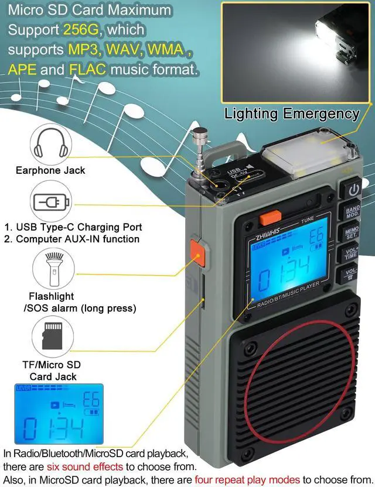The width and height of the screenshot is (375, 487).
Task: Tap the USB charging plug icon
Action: [x=52, y=201]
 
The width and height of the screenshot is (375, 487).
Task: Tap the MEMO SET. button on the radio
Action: [x=353, y=233]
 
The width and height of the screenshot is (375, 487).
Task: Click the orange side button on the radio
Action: [x=197, y=256]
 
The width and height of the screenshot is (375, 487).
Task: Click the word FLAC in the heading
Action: [x=87, y=70]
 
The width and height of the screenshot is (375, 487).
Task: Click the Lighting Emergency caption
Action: [x=291, y=113]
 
